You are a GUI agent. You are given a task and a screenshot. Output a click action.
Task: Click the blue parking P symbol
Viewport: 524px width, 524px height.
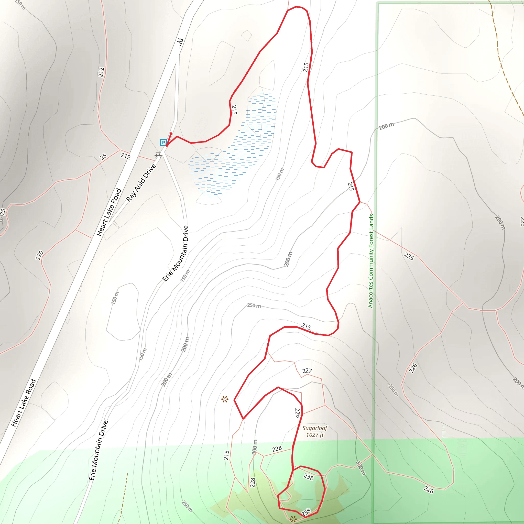point(163,143)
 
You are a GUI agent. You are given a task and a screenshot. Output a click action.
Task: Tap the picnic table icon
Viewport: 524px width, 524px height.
point(158,155)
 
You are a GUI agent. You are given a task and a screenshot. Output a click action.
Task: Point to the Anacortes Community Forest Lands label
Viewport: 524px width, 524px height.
point(371,261)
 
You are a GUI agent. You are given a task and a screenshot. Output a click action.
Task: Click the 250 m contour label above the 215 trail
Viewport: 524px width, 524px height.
point(254,306)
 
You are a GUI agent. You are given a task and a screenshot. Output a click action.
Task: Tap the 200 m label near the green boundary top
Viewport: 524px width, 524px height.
point(386,126)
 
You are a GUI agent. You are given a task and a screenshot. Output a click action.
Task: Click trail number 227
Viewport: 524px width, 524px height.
point(307,371)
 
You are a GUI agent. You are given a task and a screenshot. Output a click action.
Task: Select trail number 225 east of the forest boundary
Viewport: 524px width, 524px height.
point(409,256)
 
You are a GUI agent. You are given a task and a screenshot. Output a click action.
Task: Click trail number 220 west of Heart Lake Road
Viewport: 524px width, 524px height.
point(39,255)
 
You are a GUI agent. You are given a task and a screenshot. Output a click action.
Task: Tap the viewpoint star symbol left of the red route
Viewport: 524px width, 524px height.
point(225,399)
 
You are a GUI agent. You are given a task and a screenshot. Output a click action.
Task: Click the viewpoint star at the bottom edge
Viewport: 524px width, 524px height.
point(293,519)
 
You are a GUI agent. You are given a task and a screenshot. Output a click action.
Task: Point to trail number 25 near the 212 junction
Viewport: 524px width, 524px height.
point(103,157)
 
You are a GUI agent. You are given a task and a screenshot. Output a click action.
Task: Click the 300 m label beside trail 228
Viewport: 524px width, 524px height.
point(254,446)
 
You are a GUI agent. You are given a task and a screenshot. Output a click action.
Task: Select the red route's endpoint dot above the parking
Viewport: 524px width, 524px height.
point(171,134)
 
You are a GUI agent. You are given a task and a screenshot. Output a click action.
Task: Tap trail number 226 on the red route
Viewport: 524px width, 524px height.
point(298,412)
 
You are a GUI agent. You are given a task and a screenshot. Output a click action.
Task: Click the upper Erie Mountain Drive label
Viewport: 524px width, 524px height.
point(176,253)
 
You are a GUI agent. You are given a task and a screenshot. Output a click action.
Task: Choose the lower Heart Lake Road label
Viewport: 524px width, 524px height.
point(24,402)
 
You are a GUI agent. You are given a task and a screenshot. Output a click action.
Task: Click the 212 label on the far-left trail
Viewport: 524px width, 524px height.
point(101,72)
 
